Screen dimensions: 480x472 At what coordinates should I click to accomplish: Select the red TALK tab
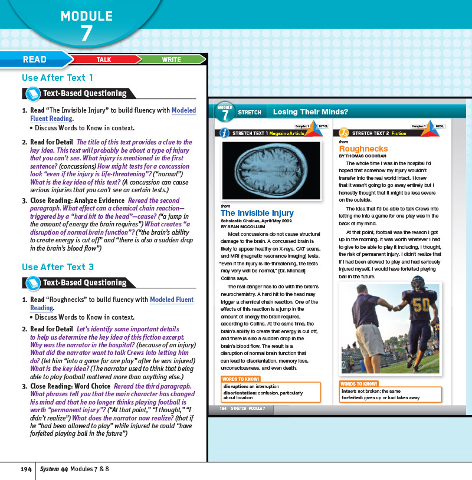point(104,60)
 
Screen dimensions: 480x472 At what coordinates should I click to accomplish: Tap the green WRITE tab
point(171,60)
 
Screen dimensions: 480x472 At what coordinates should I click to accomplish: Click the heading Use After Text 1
point(57,77)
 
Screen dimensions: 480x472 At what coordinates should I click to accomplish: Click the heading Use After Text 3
point(57,267)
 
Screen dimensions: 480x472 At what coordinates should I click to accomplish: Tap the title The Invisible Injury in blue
point(257,213)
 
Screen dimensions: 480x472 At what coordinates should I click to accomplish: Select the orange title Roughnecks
point(363,149)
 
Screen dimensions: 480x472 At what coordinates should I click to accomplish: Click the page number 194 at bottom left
point(25,469)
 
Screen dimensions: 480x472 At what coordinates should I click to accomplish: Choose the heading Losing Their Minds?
point(310,112)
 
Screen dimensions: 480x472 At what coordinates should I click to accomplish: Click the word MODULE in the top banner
point(87,16)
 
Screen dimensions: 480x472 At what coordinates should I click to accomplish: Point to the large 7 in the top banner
point(87,34)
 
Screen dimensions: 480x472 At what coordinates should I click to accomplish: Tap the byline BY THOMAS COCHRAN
point(363,156)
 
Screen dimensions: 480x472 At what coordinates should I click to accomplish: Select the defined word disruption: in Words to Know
point(235,386)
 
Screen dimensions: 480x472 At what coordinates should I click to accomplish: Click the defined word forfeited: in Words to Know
point(355,398)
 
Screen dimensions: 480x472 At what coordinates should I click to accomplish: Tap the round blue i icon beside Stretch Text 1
point(225,133)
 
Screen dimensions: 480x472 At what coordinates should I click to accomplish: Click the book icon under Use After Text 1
point(31,93)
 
